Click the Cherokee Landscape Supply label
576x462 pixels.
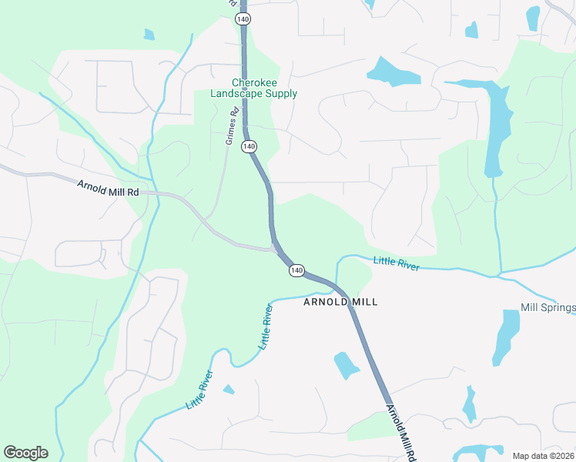click(253, 89)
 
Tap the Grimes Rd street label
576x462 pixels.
click(229, 126)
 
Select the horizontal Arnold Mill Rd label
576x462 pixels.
click(107, 187)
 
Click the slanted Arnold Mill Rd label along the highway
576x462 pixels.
click(397, 432)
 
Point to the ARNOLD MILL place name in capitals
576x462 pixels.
click(340, 302)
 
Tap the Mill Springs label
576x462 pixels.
click(548, 308)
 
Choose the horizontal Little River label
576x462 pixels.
click(397, 263)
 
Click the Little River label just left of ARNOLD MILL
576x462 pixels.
click(266, 327)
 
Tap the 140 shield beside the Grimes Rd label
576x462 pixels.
click(248, 146)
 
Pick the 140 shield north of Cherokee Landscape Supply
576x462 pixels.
click(242, 17)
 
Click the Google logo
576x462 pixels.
click(25, 453)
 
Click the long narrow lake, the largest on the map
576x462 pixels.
click(497, 127)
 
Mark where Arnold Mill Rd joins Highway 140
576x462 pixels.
click(275, 248)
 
